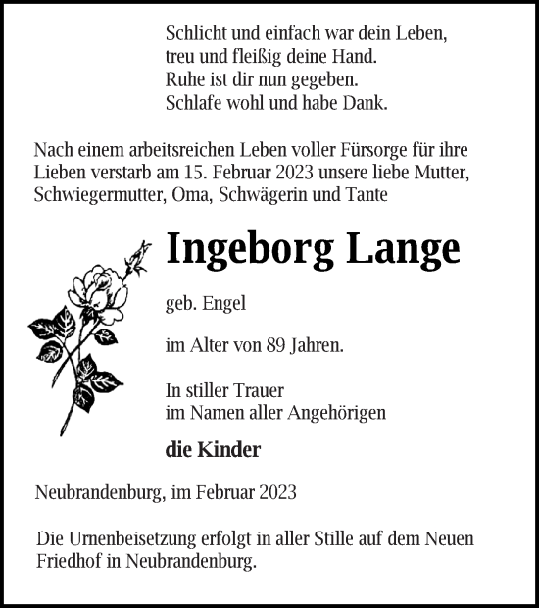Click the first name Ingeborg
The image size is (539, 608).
pyautogui.click(x=249, y=250)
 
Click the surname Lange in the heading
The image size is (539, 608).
pyautogui.click(x=401, y=248)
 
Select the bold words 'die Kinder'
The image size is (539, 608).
pyautogui.click(x=214, y=450)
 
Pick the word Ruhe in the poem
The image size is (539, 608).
pyautogui.click(x=185, y=78)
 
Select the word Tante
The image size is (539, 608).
pyautogui.click(x=367, y=195)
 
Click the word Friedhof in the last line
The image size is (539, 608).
pyautogui.click(x=72, y=562)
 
